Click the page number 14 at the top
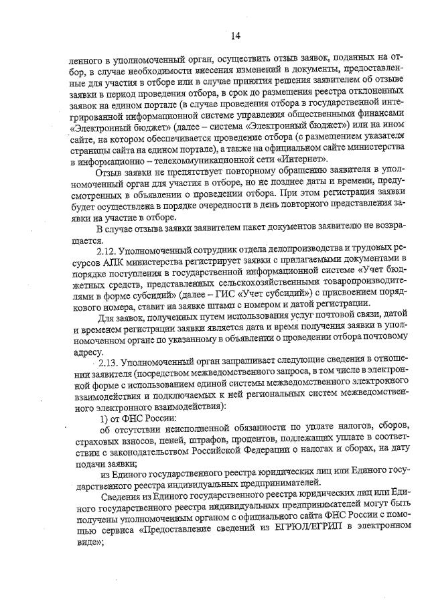point(236,35)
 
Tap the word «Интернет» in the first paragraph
point(303,159)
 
